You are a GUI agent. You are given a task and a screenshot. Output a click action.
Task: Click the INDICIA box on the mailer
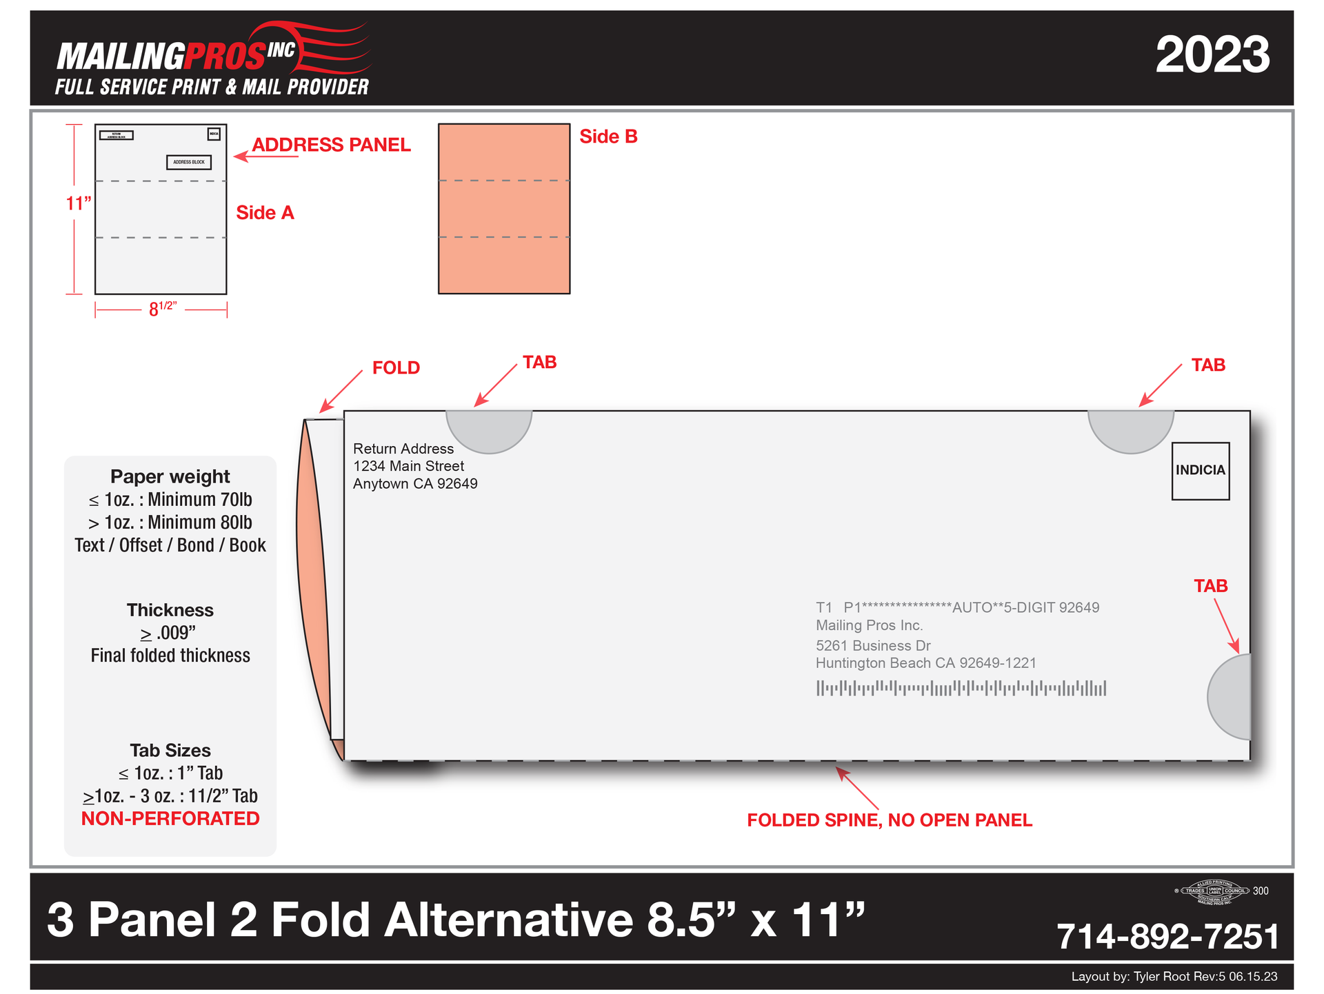[x=1200, y=471]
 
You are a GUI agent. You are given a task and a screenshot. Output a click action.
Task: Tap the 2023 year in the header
[x=1212, y=55]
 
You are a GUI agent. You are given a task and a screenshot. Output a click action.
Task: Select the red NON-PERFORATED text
[x=170, y=819]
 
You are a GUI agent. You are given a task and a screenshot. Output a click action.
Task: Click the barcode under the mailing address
[x=961, y=688]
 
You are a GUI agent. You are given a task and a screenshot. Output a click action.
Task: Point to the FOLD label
[x=396, y=368]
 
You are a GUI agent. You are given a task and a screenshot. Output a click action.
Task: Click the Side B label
[x=608, y=137]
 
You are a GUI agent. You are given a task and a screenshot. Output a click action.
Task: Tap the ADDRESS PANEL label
[x=331, y=145]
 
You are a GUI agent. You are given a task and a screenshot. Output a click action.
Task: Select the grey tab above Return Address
[x=489, y=429]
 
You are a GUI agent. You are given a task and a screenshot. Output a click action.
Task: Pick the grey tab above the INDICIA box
[x=1131, y=429]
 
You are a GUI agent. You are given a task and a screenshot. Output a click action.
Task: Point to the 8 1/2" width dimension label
[x=163, y=309]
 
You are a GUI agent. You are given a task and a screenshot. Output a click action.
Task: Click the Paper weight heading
[x=170, y=477]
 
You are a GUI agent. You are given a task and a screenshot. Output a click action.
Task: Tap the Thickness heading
[x=170, y=610]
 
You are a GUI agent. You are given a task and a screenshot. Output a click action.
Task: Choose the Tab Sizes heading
[x=170, y=751]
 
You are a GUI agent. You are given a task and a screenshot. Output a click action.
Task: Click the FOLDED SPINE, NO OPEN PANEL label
[x=890, y=820]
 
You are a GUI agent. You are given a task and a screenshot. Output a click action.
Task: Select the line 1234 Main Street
[x=408, y=467]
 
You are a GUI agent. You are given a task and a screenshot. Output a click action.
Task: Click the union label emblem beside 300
[x=1215, y=891]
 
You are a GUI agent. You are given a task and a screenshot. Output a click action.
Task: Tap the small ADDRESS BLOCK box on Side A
[x=189, y=163]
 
